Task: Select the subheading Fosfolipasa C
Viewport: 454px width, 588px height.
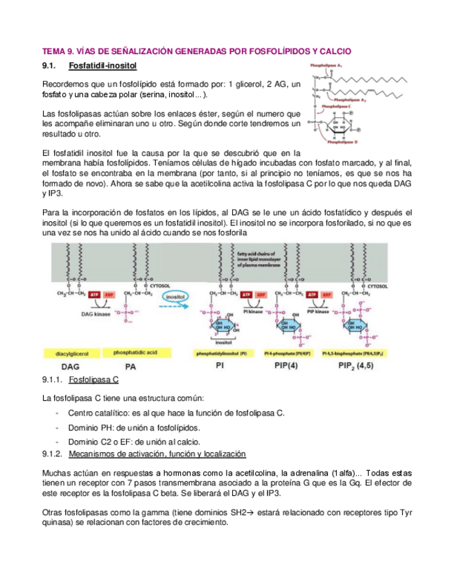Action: (94, 381)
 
